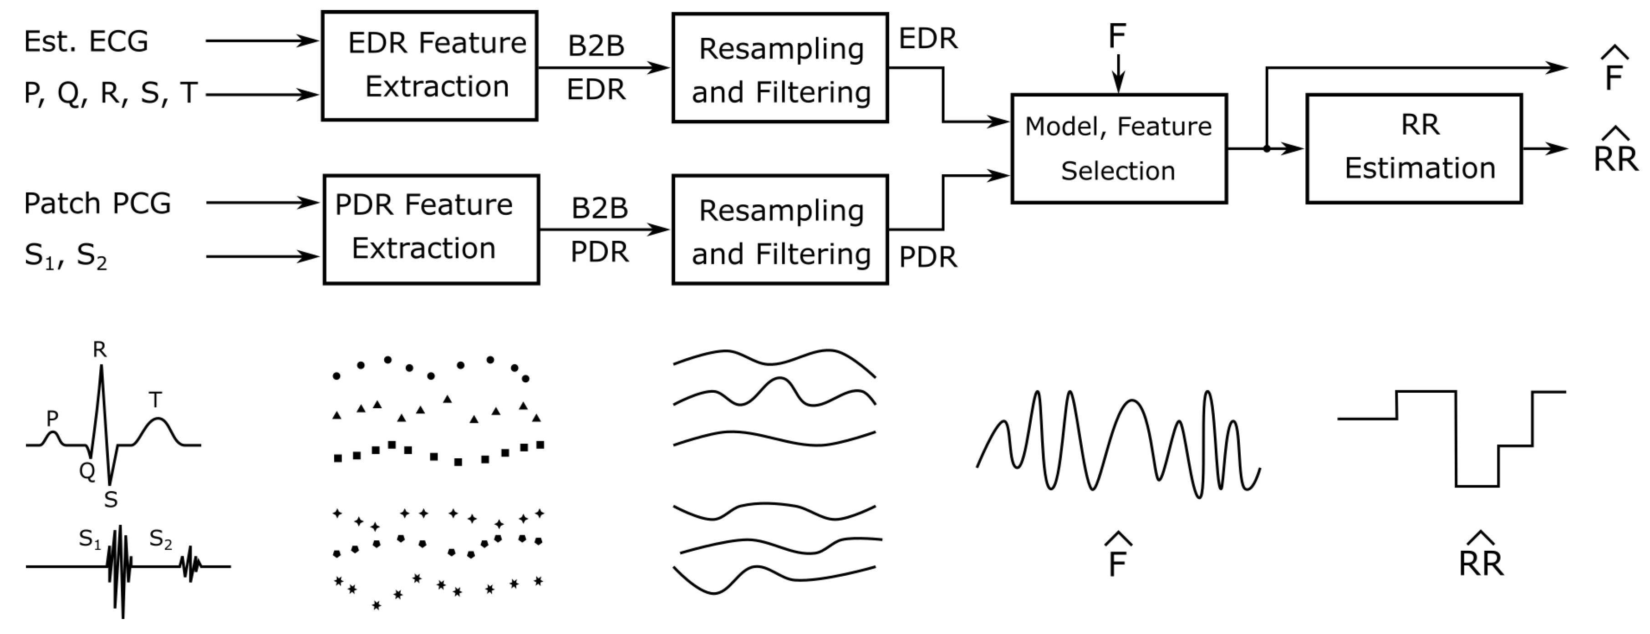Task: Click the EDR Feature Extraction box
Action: pos(429,66)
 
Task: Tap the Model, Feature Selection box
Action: pos(1118,148)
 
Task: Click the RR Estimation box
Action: pos(1414,148)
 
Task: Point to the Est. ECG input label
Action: pos(86,41)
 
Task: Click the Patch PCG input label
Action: pos(97,203)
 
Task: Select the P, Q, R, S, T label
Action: pos(110,93)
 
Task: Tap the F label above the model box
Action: pos(1117,36)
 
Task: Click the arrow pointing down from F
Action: pos(1118,74)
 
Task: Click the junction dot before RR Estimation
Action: pos(1266,148)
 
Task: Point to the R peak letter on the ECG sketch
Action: pos(99,350)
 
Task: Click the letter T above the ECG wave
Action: pos(155,400)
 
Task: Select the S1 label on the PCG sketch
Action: pos(90,539)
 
